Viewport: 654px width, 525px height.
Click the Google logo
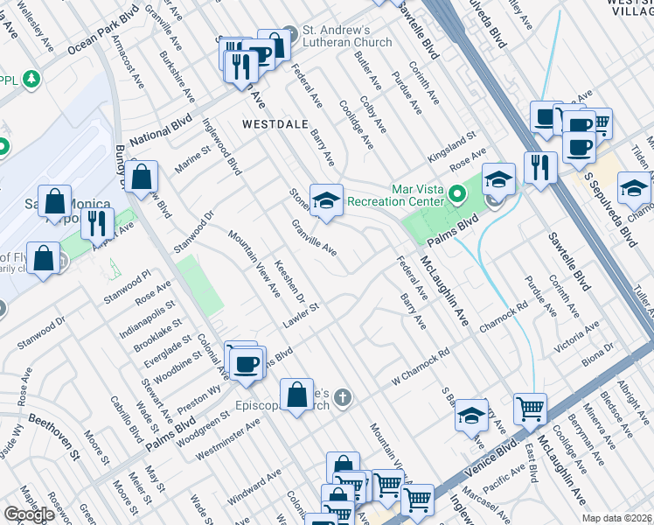click(29, 514)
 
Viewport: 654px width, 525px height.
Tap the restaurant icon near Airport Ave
click(97, 222)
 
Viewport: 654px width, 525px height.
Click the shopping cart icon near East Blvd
click(530, 409)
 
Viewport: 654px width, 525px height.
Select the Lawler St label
click(303, 316)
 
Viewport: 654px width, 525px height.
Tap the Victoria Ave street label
click(577, 338)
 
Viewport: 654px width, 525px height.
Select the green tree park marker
click(32, 80)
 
